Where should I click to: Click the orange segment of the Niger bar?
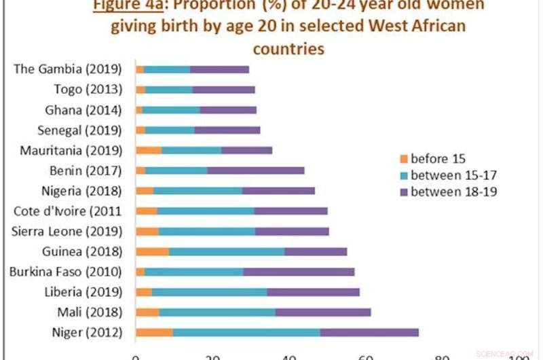coord(154,332)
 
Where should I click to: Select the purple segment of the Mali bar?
coord(323,312)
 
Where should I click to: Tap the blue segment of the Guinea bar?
coord(226,251)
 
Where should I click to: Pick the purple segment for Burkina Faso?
coord(299,272)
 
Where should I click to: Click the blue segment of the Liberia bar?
coord(209,292)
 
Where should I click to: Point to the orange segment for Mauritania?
coord(149,150)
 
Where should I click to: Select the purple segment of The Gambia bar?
coord(219,69)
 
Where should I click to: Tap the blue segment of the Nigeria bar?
coord(198,191)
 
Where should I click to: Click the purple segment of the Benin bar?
coord(256,170)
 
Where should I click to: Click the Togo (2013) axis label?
coord(88,90)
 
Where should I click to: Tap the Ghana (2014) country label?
coord(83,110)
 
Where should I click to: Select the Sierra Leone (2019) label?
coord(67,231)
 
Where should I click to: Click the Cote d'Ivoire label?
coord(68,211)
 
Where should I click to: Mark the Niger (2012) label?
coord(87,332)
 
